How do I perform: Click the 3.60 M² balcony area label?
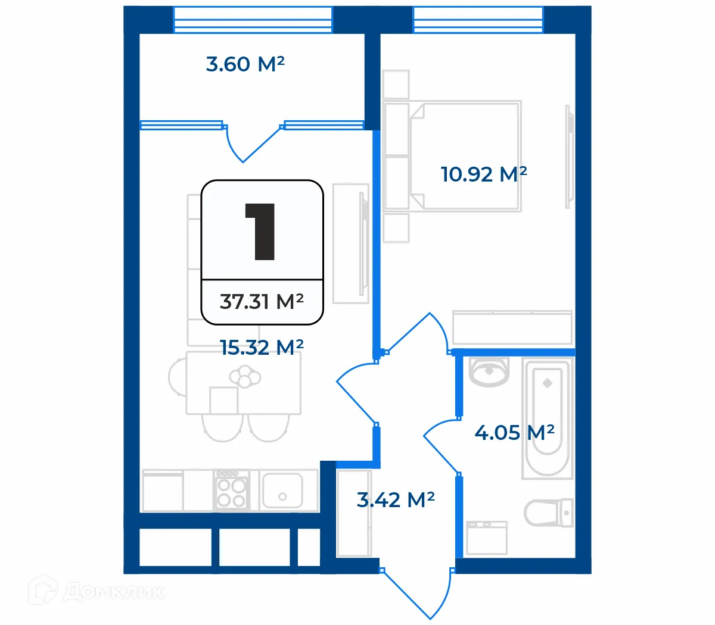tap(245, 64)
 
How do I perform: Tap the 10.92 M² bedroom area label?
tap(483, 174)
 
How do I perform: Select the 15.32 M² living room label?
tap(262, 347)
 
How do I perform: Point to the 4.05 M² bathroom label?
tap(514, 432)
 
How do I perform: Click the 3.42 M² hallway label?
tap(395, 500)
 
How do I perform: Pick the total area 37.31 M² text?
tap(262, 302)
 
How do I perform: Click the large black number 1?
tap(260, 232)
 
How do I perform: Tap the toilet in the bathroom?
tap(548, 512)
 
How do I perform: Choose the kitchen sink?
tap(282, 490)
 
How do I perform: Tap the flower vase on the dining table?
tap(245, 377)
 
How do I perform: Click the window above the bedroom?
tap(478, 20)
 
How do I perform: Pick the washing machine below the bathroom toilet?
tap(487, 538)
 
